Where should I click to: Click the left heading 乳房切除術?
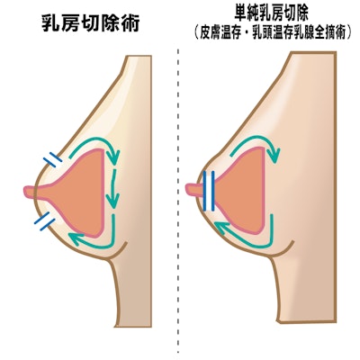(91, 22)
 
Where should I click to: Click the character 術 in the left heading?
(130, 22)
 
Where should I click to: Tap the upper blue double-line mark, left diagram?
(53, 159)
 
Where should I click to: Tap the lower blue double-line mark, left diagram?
(45, 221)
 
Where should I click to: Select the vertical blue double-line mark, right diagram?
(209, 191)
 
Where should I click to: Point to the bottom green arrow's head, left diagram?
(76, 238)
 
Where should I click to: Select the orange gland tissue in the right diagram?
(243, 191)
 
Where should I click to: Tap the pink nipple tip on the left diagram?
(26, 192)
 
